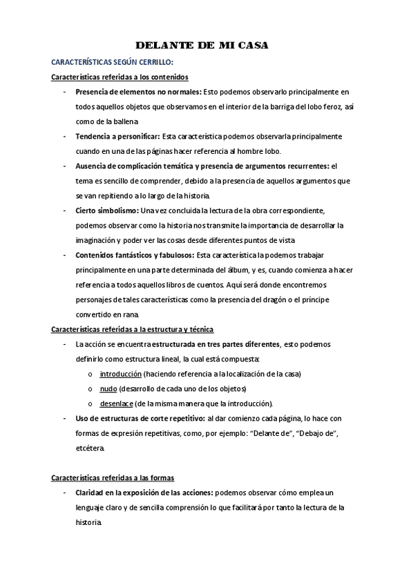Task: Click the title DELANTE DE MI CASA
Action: (202, 46)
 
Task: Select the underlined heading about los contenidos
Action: (120, 77)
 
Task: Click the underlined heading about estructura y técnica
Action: (133, 329)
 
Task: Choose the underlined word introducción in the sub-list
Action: (121, 374)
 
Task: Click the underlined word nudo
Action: (108, 388)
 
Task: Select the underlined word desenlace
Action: (117, 404)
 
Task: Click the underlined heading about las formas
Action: (113, 477)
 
